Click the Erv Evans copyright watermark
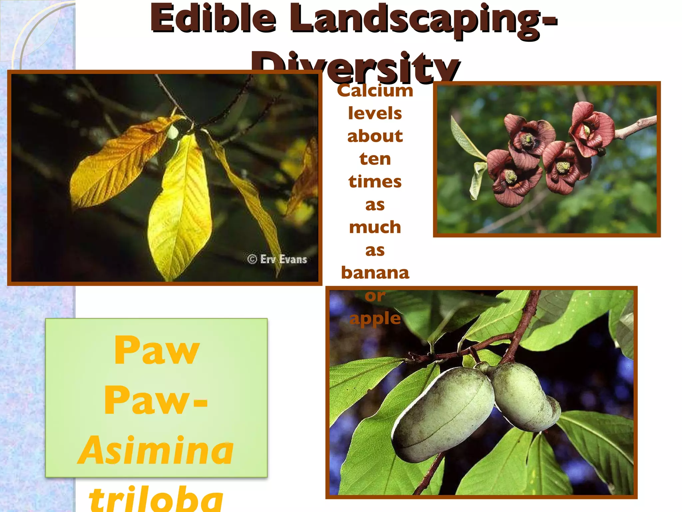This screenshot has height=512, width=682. pos(277,259)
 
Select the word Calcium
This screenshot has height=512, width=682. pos(375,91)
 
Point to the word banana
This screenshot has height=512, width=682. pos(375,273)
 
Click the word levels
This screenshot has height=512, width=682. pos(375,113)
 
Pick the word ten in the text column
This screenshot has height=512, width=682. pos(375,159)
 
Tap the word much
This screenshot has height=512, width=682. pos(375,227)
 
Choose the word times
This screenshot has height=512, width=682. pos(375,182)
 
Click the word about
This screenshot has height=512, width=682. pos(375,136)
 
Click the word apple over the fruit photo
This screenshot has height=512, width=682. pos(375,318)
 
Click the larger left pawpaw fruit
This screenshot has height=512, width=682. pos(443,413)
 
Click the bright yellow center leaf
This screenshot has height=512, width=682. pos(180,207)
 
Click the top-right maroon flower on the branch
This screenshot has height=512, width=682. pos(591,128)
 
